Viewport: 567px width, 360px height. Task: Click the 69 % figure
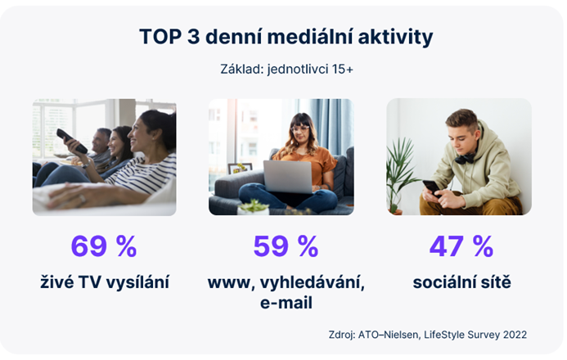tap(104, 245)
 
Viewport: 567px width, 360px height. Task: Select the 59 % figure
tap(285, 245)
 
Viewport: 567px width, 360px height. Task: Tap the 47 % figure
tap(461, 245)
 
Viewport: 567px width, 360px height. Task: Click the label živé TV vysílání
tap(105, 283)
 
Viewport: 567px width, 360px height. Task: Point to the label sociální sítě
tap(461, 283)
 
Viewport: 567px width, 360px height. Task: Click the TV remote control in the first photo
tap(71, 140)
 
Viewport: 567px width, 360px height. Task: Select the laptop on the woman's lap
tap(287, 175)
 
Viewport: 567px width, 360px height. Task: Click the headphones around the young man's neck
tap(466, 155)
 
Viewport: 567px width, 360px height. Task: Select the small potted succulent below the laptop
tap(254, 207)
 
